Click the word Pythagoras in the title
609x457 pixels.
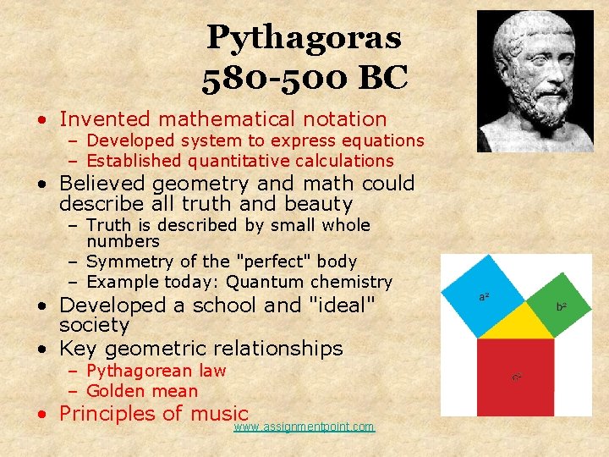click(304, 37)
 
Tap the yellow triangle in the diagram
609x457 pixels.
click(517, 323)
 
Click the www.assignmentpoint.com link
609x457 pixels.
click(304, 427)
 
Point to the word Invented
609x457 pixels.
click(105, 119)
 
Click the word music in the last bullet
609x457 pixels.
click(218, 413)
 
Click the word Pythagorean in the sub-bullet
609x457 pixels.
click(140, 371)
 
